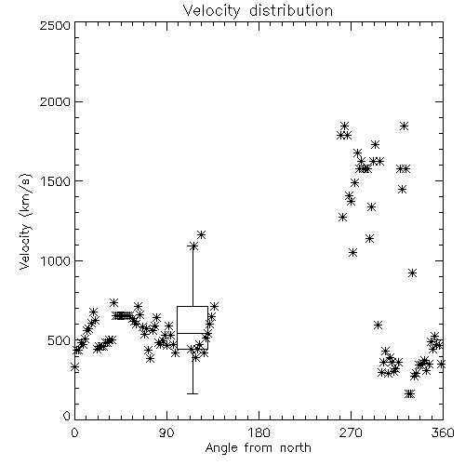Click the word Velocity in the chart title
click(211, 11)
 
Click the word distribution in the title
click(291, 10)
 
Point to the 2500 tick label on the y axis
click(55, 25)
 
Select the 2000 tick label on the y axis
click(55, 101)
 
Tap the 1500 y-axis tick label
click(56, 181)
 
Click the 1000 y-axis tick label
click(56, 260)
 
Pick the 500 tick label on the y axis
click(60, 340)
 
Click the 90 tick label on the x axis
click(166, 432)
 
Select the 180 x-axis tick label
click(259, 432)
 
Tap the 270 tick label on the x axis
click(351, 432)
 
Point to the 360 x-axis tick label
click(443, 432)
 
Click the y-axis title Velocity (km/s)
click(26, 221)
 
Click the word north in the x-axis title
click(296, 448)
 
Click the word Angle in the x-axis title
click(221, 448)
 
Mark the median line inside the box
click(193, 333)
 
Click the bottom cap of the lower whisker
click(193, 393)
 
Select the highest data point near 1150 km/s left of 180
click(202, 235)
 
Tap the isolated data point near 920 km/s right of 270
click(412, 273)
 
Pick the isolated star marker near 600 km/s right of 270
click(378, 325)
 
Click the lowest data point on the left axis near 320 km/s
click(75, 367)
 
